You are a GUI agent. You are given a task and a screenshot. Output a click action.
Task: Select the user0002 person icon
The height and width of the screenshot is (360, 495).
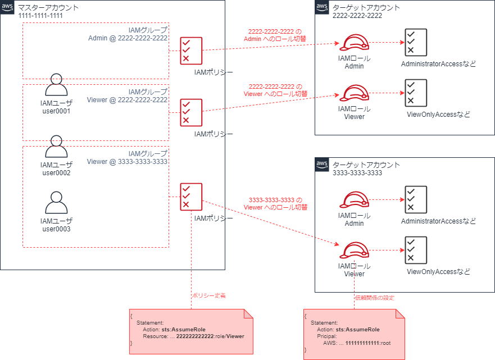(x=56, y=147)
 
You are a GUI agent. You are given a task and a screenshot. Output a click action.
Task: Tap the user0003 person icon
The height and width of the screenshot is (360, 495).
(x=56, y=203)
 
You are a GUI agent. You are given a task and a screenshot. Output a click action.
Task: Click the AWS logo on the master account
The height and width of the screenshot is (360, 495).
(x=7, y=7)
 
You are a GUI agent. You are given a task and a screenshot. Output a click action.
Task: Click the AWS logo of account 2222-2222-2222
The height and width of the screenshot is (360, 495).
(x=322, y=7)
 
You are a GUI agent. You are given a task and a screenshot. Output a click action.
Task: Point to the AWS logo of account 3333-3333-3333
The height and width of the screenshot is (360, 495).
(x=322, y=165)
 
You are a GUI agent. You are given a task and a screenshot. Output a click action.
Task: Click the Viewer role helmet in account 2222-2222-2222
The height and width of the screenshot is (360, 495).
(x=354, y=94)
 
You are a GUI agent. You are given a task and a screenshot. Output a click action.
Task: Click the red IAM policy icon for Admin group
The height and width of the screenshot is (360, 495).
(x=191, y=50)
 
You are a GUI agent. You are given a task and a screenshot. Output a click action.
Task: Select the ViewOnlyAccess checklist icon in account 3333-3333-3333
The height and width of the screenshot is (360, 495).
(x=415, y=250)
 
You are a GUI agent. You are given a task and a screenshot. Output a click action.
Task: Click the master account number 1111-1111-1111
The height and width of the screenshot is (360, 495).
(x=40, y=16)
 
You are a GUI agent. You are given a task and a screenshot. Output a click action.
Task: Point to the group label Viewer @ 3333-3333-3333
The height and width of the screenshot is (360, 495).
(x=128, y=162)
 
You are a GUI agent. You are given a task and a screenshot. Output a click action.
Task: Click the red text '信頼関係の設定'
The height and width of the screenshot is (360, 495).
(x=374, y=298)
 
